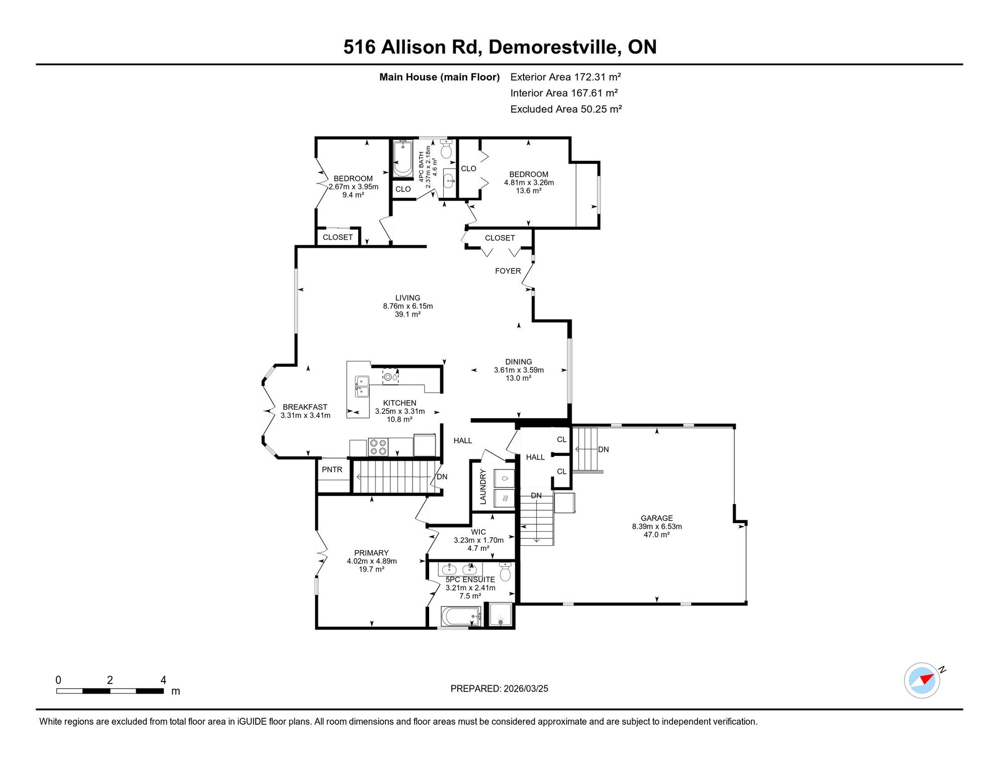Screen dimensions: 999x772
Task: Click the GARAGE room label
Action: (656, 518)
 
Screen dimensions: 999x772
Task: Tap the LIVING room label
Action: (408, 298)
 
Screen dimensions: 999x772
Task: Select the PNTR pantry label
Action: (332, 469)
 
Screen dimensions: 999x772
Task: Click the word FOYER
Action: (508, 271)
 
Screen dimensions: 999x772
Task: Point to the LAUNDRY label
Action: (483, 487)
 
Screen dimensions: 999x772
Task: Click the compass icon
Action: (922, 681)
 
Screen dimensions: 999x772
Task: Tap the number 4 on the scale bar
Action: (163, 680)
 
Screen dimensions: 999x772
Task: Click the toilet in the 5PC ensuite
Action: (505, 572)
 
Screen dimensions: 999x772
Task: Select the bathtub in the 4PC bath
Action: (403, 159)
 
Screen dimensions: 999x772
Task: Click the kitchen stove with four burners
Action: (378, 447)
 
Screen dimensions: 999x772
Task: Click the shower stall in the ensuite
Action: (501, 614)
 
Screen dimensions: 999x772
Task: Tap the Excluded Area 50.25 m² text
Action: (566, 109)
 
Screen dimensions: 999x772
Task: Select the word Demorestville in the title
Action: (552, 47)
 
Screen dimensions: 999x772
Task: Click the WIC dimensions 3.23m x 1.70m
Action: (478, 540)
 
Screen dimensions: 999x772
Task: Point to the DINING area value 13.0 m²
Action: (519, 378)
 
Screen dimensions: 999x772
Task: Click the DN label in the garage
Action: (604, 449)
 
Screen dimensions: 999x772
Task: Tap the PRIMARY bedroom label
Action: (371, 553)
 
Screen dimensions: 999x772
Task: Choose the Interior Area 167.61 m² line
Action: (564, 93)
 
